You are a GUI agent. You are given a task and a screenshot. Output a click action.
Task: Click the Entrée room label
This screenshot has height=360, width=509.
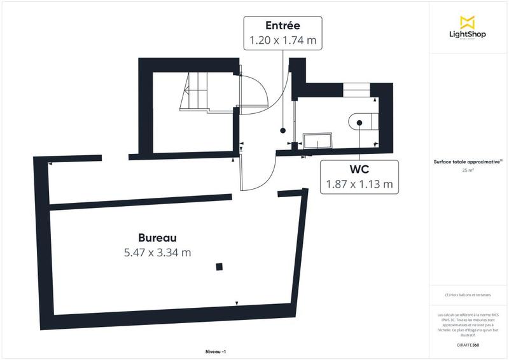[x=283, y=25]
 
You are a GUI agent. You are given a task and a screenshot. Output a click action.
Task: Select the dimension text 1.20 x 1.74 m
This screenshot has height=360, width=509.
[x=283, y=40]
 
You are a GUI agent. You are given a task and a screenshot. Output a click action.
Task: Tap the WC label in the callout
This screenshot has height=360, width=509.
[x=359, y=170]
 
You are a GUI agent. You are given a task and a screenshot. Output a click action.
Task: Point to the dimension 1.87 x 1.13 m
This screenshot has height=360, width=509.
[x=359, y=185]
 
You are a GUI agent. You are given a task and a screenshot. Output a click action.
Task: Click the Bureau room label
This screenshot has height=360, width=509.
[x=157, y=237]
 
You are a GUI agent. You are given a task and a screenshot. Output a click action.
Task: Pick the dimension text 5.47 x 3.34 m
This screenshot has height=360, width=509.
[x=157, y=252]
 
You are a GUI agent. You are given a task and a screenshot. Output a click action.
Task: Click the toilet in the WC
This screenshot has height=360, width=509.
[x=364, y=120]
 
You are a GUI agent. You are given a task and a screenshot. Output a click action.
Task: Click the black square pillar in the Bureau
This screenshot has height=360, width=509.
[x=219, y=267]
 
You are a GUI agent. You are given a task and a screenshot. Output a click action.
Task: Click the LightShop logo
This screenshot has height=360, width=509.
[x=468, y=29]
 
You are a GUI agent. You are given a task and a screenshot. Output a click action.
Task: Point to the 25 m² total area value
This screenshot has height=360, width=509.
[x=468, y=170]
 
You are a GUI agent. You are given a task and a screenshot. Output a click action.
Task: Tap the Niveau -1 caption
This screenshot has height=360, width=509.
[x=216, y=352]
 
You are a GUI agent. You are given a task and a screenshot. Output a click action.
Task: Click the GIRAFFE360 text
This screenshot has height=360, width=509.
[x=468, y=343]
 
